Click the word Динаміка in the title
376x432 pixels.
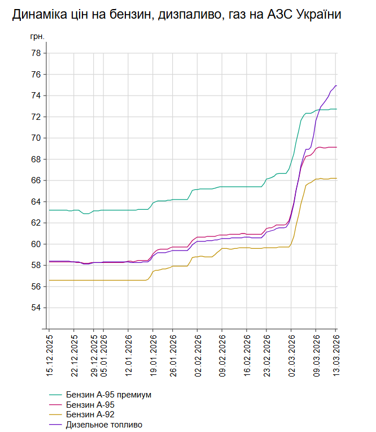point(38,15)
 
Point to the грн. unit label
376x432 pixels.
point(37,37)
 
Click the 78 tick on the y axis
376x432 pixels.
point(36,53)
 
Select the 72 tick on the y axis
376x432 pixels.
point(36,117)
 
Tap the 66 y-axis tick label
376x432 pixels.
point(36,180)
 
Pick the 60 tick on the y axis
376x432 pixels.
point(36,244)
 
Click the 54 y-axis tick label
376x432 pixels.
point(36,308)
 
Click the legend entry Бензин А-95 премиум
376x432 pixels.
point(108,394)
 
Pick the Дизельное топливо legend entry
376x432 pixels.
point(104,425)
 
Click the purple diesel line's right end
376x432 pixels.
point(336,86)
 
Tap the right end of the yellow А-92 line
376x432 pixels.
point(336,178)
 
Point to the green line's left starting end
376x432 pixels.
point(50,210)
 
